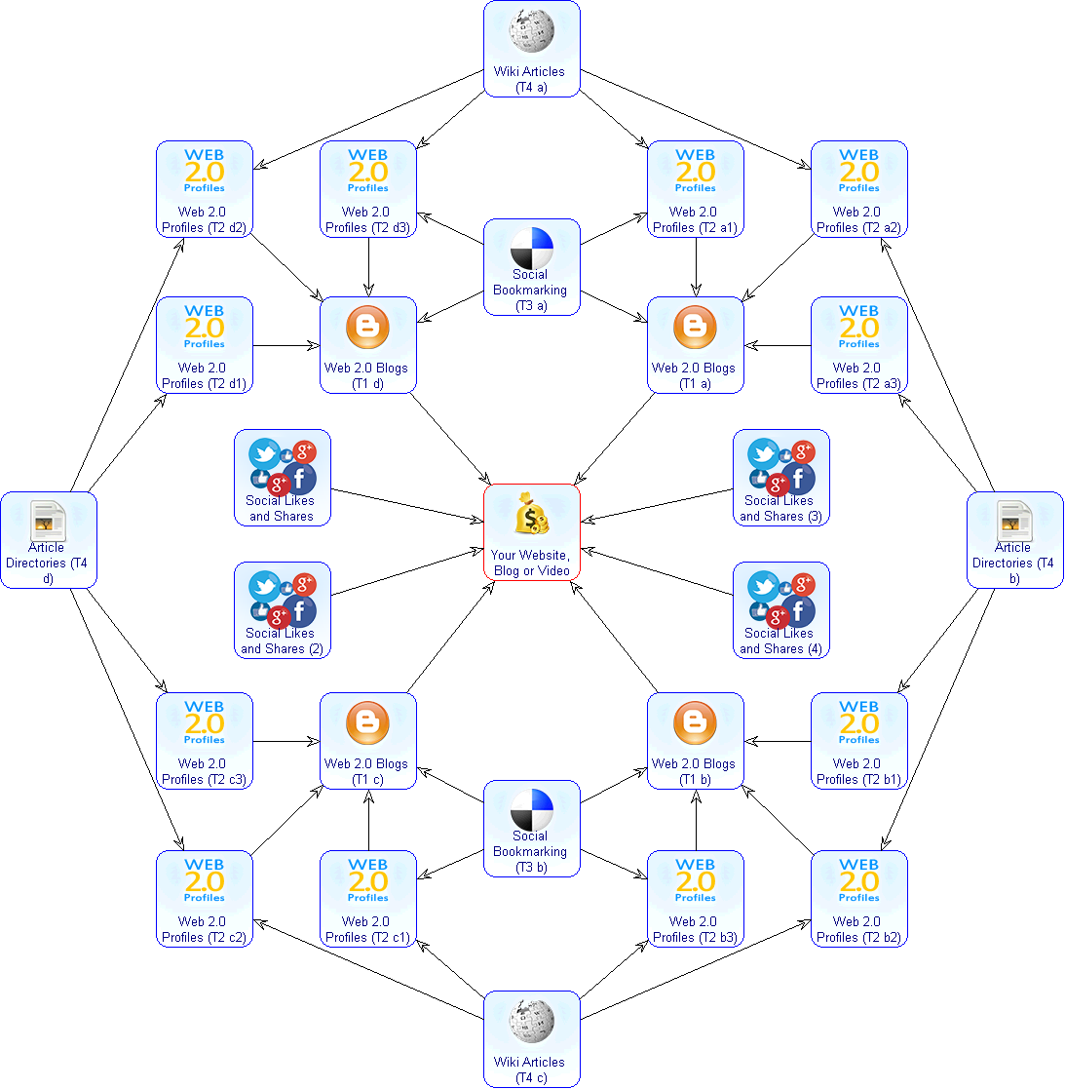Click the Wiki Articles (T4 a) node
point(531,49)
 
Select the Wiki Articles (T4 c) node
point(531,1038)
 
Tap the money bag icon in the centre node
point(531,515)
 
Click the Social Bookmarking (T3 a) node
point(531,267)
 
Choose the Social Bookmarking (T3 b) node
point(531,829)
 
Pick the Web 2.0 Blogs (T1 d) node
point(367,345)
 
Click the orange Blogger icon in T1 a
point(695,329)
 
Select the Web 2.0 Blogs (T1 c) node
point(367,741)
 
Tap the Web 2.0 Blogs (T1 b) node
point(695,741)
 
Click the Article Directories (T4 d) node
point(48,540)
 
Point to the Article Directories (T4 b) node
point(1014,540)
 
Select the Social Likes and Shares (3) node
point(780,478)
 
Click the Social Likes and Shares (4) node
point(780,610)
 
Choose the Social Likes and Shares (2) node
point(282,610)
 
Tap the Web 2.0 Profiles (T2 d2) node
point(204,189)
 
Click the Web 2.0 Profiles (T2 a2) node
point(858,189)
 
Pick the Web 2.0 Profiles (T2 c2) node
point(204,899)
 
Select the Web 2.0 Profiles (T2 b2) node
point(858,899)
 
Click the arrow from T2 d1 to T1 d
point(286,345)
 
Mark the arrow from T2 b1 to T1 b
point(778,741)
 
